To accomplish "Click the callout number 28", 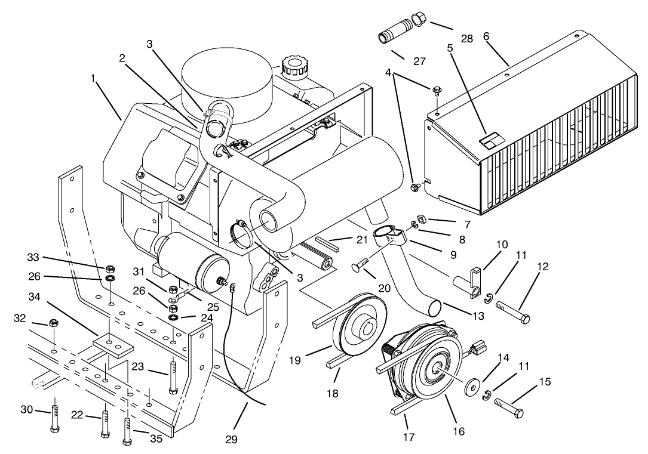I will (467, 39).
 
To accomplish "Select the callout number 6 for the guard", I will (486, 36).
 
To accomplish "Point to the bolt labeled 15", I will (510, 410).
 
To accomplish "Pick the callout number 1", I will (93, 78).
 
